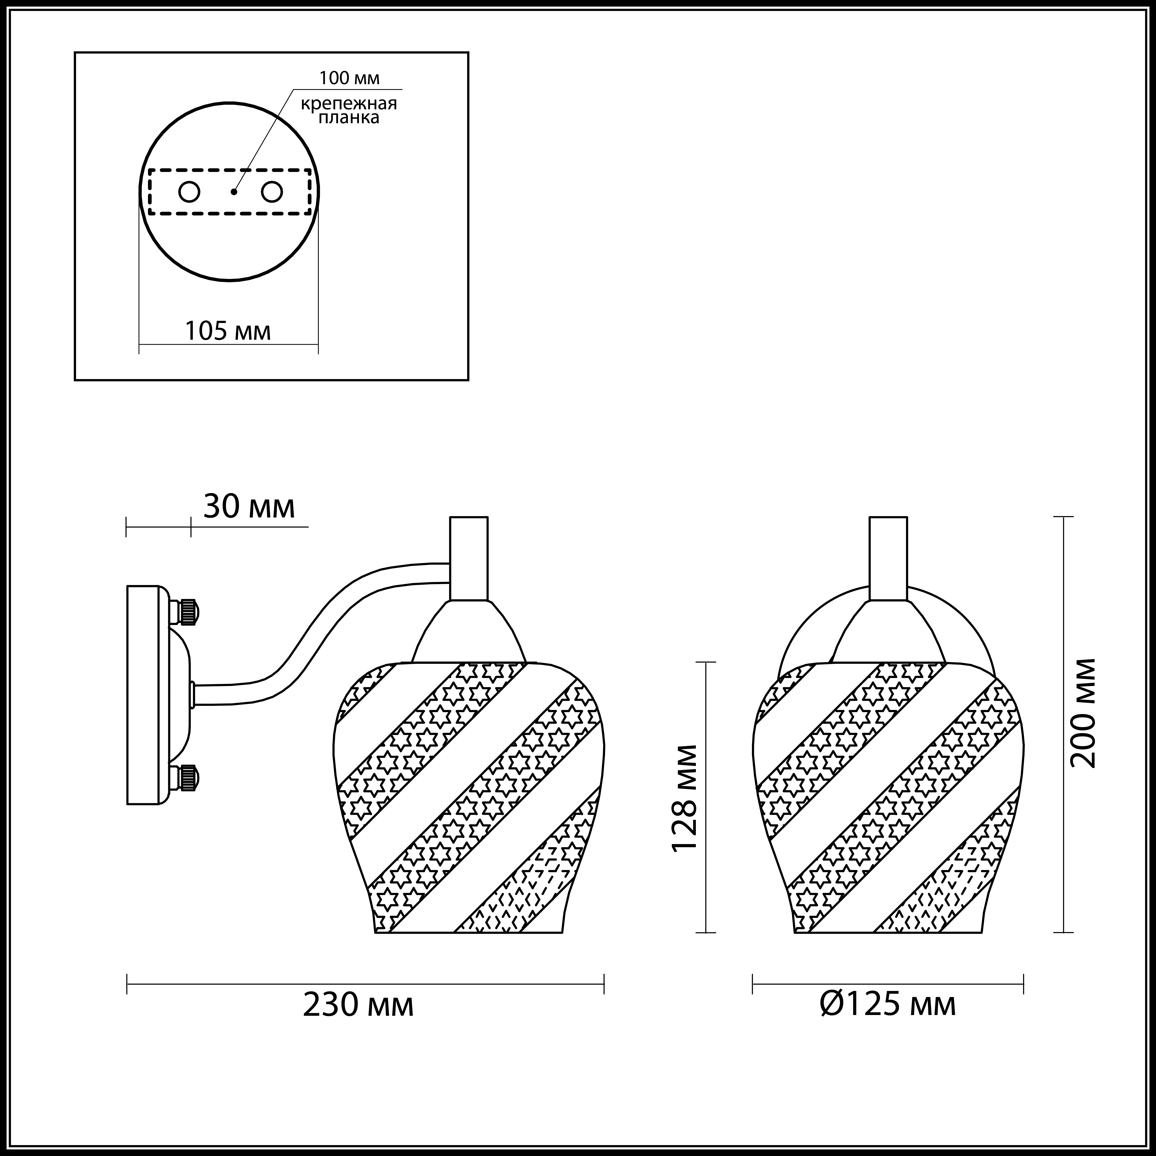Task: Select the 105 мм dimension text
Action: coord(228,330)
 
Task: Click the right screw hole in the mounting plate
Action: coord(272,192)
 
